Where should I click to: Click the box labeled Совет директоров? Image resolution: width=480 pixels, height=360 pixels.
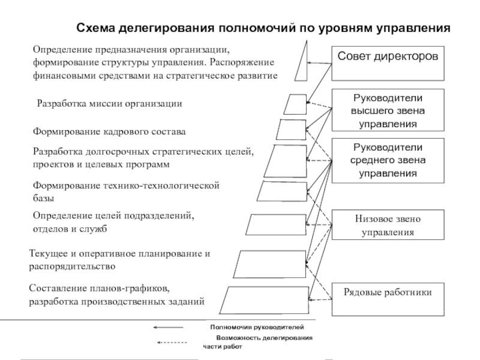point(388,64)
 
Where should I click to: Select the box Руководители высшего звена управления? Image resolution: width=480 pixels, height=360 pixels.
point(388,110)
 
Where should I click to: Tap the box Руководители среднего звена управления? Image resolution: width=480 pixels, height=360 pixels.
point(388,160)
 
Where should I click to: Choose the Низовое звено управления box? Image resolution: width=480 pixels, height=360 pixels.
point(388,224)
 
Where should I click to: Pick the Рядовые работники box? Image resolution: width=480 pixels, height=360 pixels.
point(388,299)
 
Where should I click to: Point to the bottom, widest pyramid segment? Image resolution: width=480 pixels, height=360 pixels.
point(264,301)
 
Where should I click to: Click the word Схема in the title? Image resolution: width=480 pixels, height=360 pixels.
point(95,28)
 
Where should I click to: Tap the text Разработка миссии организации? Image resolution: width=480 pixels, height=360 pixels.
point(109,103)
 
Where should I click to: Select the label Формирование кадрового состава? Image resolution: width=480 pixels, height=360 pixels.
point(109,131)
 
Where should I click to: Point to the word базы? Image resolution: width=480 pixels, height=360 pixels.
point(43,198)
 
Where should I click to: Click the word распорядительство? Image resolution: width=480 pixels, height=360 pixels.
point(72,266)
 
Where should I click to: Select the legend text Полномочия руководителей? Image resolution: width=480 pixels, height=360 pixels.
point(257,327)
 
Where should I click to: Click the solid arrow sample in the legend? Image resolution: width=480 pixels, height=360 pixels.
point(168,328)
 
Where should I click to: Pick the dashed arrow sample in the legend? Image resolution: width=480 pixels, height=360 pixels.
point(172,343)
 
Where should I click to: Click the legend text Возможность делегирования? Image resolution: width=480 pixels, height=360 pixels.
point(264,338)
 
